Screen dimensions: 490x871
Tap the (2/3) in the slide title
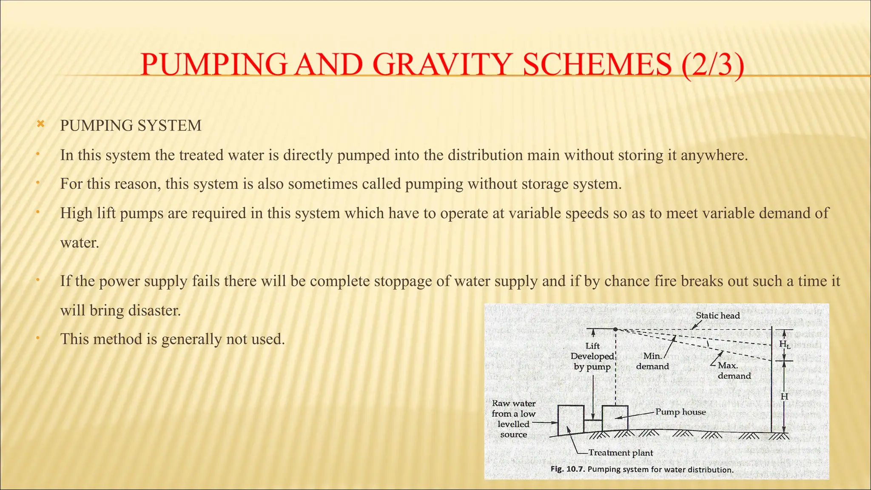tap(713, 65)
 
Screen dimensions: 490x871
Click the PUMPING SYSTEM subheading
tap(131, 126)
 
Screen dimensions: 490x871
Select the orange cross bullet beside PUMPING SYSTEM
tap(40, 124)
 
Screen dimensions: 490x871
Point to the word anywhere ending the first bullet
tap(714, 155)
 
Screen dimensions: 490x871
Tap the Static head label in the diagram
tap(717, 316)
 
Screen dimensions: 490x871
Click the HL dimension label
tap(785, 344)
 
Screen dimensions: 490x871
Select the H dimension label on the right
tap(785, 396)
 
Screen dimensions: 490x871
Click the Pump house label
tap(680, 412)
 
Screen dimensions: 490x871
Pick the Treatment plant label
tap(621, 453)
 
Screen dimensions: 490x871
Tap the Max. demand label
tap(734, 370)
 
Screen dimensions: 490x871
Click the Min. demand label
tap(652, 361)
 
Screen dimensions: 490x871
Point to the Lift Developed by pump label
tap(592, 356)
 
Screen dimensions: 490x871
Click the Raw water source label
tap(513, 419)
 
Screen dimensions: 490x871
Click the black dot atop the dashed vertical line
tap(615, 329)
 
